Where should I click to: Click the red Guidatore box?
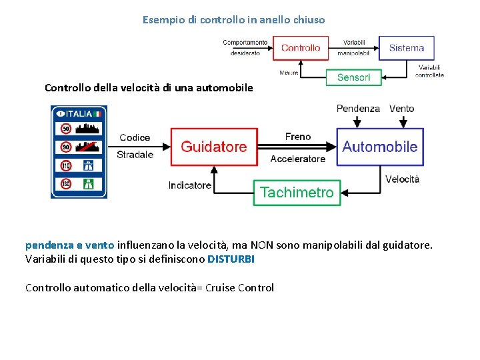click(x=213, y=147)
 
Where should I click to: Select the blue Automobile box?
click(x=379, y=147)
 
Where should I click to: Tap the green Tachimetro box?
click(x=297, y=193)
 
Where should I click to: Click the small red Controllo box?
click(x=300, y=48)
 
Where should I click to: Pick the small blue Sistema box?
click(x=406, y=48)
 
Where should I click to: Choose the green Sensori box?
click(x=353, y=77)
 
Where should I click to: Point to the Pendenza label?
click(x=358, y=109)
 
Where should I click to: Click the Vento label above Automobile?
click(x=401, y=109)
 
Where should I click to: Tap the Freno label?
click(x=297, y=137)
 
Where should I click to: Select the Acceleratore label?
click(x=297, y=159)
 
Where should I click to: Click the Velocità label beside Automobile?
click(x=402, y=179)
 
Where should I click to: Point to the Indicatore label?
click(x=190, y=185)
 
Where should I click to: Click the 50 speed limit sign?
click(x=66, y=129)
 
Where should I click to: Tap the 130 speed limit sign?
click(x=66, y=183)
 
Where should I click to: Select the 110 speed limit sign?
click(x=66, y=165)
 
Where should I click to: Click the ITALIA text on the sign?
click(x=79, y=114)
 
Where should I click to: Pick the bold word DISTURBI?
click(x=231, y=259)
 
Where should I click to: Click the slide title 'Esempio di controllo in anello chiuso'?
click(x=233, y=20)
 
